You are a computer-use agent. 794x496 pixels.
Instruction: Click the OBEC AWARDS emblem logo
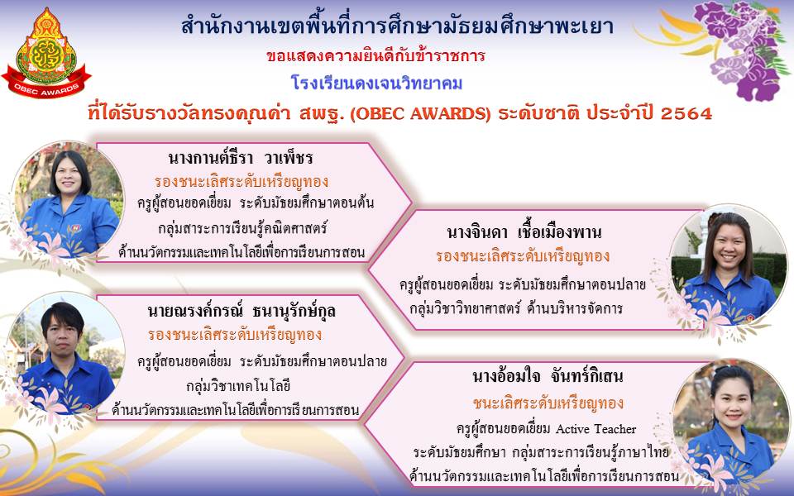click(x=46, y=54)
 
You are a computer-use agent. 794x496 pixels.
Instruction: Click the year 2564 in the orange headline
click(x=686, y=113)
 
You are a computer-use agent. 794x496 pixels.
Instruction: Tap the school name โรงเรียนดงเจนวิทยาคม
click(x=377, y=83)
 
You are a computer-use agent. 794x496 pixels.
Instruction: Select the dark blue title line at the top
click(x=398, y=26)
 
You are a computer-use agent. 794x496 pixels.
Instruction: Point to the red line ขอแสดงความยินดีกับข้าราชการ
click(x=375, y=55)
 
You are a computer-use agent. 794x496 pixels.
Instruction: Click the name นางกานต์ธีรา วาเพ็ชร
click(x=241, y=158)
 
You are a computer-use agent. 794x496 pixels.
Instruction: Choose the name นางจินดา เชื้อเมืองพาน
click(x=524, y=233)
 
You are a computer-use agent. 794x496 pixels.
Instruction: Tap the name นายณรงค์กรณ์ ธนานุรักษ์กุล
click(x=242, y=311)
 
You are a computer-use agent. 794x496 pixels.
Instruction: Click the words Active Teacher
click(x=596, y=429)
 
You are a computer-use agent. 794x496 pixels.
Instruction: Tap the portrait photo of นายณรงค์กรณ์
click(x=66, y=352)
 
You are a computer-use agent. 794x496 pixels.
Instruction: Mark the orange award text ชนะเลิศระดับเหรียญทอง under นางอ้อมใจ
click(x=548, y=403)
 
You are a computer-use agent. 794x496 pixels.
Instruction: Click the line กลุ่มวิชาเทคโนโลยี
click(x=238, y=387)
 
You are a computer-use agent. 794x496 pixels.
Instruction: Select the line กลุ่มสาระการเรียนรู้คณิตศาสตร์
click(x=242, y=228)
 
